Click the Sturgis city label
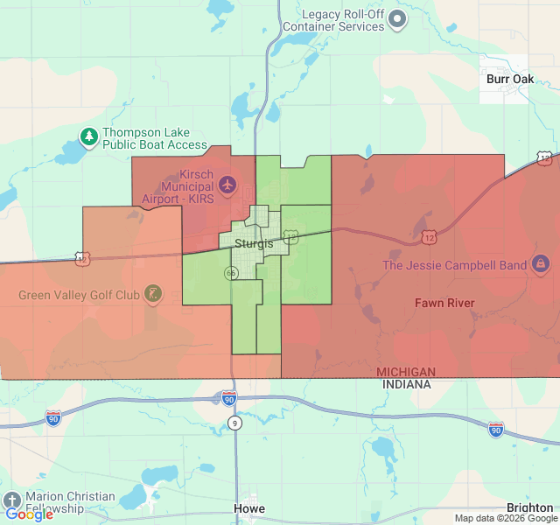coord(253,243)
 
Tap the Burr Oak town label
coord(509,79)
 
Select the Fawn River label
coord(444,303)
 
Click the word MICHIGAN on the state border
coord(405,373)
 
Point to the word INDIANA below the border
coord(405,384)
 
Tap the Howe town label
coord(248,508)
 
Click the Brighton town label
coord(529,508)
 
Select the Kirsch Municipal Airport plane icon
coord(228,184)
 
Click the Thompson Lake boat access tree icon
coord(88,136)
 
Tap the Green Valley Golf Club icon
coord(153,294)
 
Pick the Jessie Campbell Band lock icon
coord(540,263)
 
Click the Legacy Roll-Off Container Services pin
coord(397,19)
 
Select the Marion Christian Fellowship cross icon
coord(12,501)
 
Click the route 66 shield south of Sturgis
coord(231,273)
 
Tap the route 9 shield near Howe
coord(234,423)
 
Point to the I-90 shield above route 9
coord(228,397)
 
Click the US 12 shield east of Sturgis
coord(429,237)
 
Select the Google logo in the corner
coord(29,514)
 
